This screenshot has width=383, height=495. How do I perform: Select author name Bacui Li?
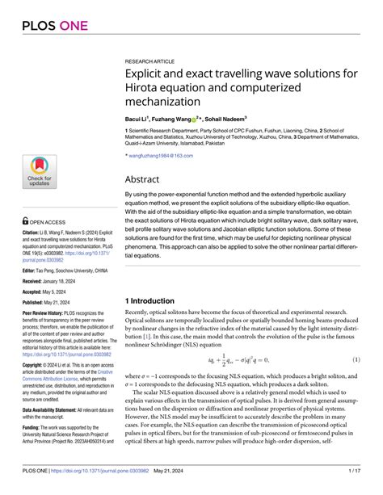pyautogui.click(x=140, y=118)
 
